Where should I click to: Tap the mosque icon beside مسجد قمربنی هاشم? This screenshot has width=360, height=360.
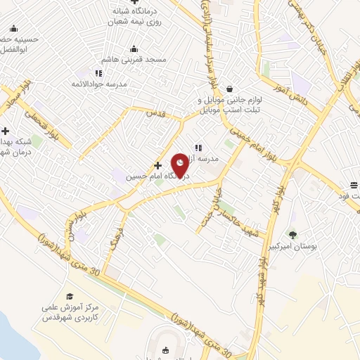click(134, 49)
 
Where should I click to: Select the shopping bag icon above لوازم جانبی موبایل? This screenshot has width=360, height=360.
click(231, 89)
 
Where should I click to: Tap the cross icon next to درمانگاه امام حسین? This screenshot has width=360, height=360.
click(157, 166)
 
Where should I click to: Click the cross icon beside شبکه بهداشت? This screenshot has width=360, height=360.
click(5, 131)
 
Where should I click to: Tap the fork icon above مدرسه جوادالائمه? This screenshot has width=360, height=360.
click(98, 73)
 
